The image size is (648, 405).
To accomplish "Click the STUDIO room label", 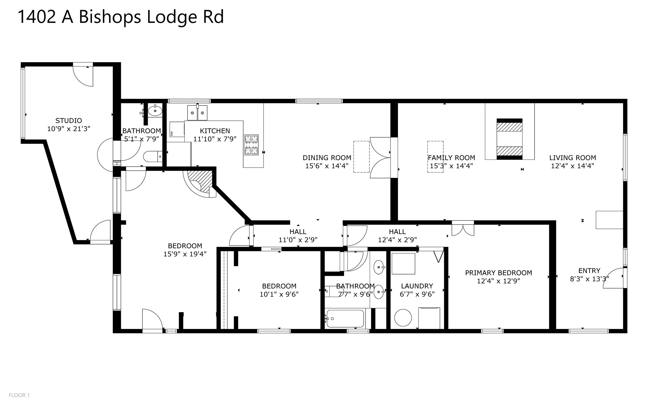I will tap(69, 120).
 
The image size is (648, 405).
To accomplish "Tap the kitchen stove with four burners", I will tap(251, 145).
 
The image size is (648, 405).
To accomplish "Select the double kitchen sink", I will tap(197, 113).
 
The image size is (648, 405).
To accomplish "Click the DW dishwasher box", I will tap(177, 129).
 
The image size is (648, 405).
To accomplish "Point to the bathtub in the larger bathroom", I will tap(345, 319).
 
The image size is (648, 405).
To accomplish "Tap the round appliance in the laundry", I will tap(403, 318).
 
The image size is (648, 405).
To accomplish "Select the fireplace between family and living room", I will tap(509, 139).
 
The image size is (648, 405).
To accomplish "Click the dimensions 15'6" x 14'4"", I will tap(327, 166).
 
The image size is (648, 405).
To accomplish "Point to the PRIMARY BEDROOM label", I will tap(498, 273).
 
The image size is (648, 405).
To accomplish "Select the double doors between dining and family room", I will tap(380, 157).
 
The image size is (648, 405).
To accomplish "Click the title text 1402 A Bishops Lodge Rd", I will tap(121, 17).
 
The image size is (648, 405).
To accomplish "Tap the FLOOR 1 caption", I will tap(19, 395).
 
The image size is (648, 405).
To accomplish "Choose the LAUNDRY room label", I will tap(417, 286).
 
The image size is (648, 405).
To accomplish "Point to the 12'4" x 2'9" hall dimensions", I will tap(397, 240).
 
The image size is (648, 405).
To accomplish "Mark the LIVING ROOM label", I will tap(572, 158).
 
